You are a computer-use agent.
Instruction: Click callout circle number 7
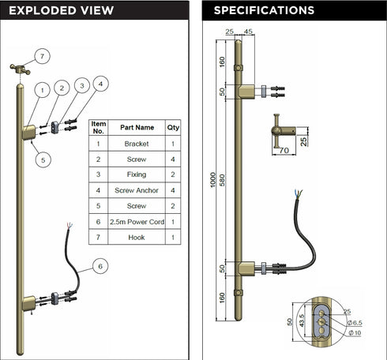pos(42,56)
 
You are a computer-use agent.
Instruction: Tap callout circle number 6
pos(100,266)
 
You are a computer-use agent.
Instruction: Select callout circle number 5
pos(43,160)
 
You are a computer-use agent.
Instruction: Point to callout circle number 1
pos(43,90)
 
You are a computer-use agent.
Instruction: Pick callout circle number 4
pos(100,84)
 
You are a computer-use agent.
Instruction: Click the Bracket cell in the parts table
pos(137,144)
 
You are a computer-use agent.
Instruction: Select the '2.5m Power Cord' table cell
pos(137,222)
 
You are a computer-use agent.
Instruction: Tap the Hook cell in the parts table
pos(137,238)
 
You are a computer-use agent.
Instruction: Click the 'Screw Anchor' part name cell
pos(137,190)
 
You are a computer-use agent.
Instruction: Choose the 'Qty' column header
pos(173,128)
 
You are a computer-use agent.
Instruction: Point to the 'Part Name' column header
pos(137,128)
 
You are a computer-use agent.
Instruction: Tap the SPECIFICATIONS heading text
pos(264,10)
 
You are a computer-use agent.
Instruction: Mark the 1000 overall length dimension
pos(213,180)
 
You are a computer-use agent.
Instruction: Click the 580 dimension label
pos(223,180)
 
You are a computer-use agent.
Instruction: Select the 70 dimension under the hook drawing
pos(284,150)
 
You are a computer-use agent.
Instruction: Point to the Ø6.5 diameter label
pos(355,323)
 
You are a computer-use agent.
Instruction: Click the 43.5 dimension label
pos(302,321)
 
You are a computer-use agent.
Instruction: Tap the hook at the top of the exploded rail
pos(21,69)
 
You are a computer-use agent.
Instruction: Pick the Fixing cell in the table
pos(137,174)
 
